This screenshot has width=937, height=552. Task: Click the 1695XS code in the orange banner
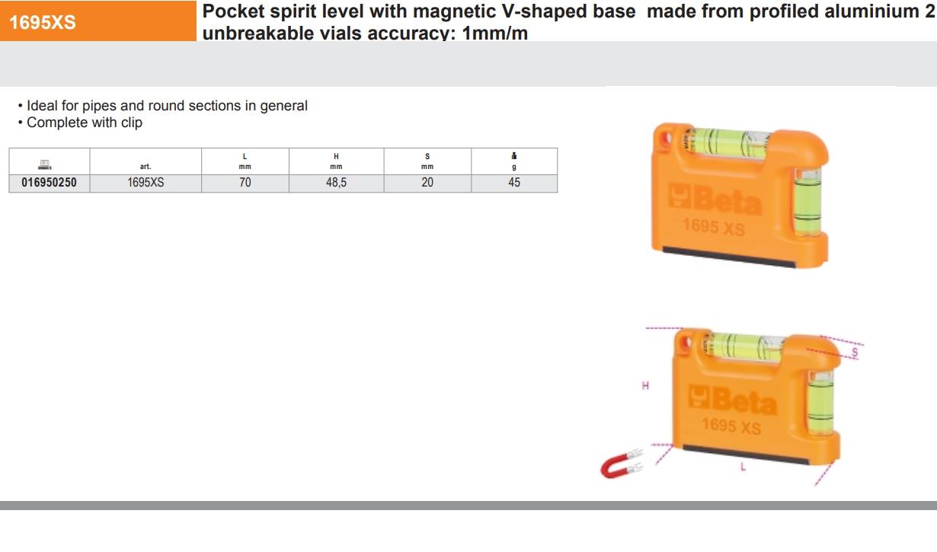coord(42,22)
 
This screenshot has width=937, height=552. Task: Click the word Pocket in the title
coord(233,11)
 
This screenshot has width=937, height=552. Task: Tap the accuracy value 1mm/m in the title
coord(495,33)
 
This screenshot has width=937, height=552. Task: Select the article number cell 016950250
coord(49,183)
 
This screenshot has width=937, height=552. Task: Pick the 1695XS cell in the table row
coord(146,183)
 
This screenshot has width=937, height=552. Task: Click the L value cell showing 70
coord(245,183)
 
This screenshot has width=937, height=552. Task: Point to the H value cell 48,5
coord(336,183)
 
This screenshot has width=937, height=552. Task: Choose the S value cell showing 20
coord(427,183)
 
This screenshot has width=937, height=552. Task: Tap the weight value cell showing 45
coord(514,183)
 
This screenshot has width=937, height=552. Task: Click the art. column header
coord(146,167)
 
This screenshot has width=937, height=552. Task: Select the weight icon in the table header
coord(514,156)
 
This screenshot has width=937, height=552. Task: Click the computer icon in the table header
coord(45,164)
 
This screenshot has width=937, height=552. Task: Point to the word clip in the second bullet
coord(132,123)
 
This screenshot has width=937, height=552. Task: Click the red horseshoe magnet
coord(621,465)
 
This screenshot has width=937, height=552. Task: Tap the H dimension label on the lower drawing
coord(645,385)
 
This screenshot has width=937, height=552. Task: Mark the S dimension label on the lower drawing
coord(855,353)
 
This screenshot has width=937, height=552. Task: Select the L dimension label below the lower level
coord(743,467)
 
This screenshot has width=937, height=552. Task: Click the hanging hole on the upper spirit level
coord(665,139)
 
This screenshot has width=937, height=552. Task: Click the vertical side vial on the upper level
coord(807,202)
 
